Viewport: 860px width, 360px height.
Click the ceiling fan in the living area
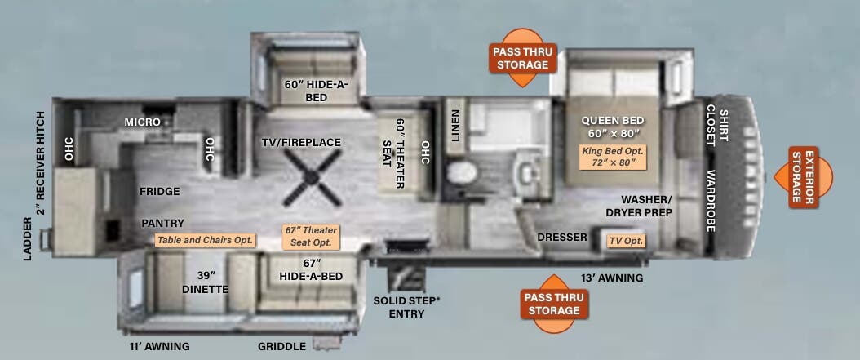pos(312,178)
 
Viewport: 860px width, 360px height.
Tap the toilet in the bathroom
pos(461,172)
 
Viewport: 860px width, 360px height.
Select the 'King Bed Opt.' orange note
pos(613,157)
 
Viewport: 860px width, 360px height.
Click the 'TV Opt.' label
pos(626,241)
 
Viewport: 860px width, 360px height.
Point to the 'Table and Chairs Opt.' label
pos(206,240)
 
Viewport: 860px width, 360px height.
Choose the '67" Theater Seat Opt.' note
pos(310,237)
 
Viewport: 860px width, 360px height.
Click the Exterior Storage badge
pos(804,177)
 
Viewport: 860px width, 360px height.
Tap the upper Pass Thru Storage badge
pos(522,58)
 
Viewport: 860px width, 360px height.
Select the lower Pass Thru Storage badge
pos(554,304)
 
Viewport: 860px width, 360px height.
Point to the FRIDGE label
pos(160,192)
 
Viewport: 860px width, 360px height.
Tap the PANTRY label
pos(163,224)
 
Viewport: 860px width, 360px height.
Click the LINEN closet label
pos(456,125)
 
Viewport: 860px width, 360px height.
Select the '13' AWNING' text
pos(612,278)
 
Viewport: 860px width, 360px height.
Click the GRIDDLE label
pos(282,346)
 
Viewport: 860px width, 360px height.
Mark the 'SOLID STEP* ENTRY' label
pos(406,307)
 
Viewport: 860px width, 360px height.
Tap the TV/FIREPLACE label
pos(301,143)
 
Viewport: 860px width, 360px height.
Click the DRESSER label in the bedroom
pos(562,237)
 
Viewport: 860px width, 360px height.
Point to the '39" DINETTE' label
pos(212,282)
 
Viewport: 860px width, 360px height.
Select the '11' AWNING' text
pos(160,346)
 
